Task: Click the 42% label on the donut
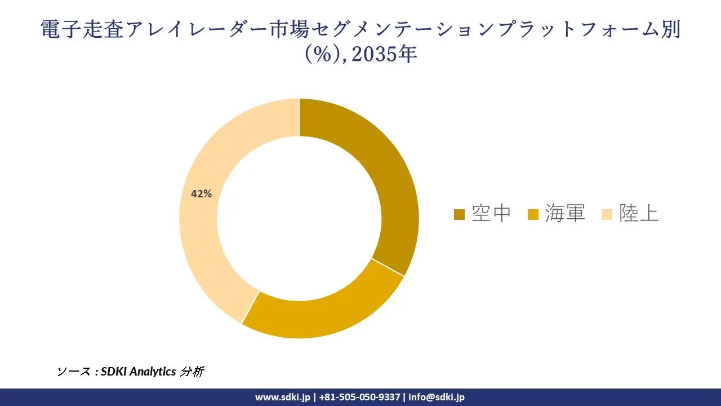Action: click(x=201, y=194)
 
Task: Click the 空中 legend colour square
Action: click(x=459, y=214)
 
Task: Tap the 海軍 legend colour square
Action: click(x=533, y=214)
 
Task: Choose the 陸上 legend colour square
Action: click(x=607, y=214)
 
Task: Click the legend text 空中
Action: click(x=492, y=213)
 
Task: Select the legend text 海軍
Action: click(x=565, y=213)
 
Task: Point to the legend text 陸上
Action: click(x=639, y=213)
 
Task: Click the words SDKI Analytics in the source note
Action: click(x=139, y=371)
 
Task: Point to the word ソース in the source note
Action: click(x=74, y=371)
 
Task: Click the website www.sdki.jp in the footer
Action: click(x=282, y=397)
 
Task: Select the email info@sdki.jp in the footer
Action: click(x=437, y=397)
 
